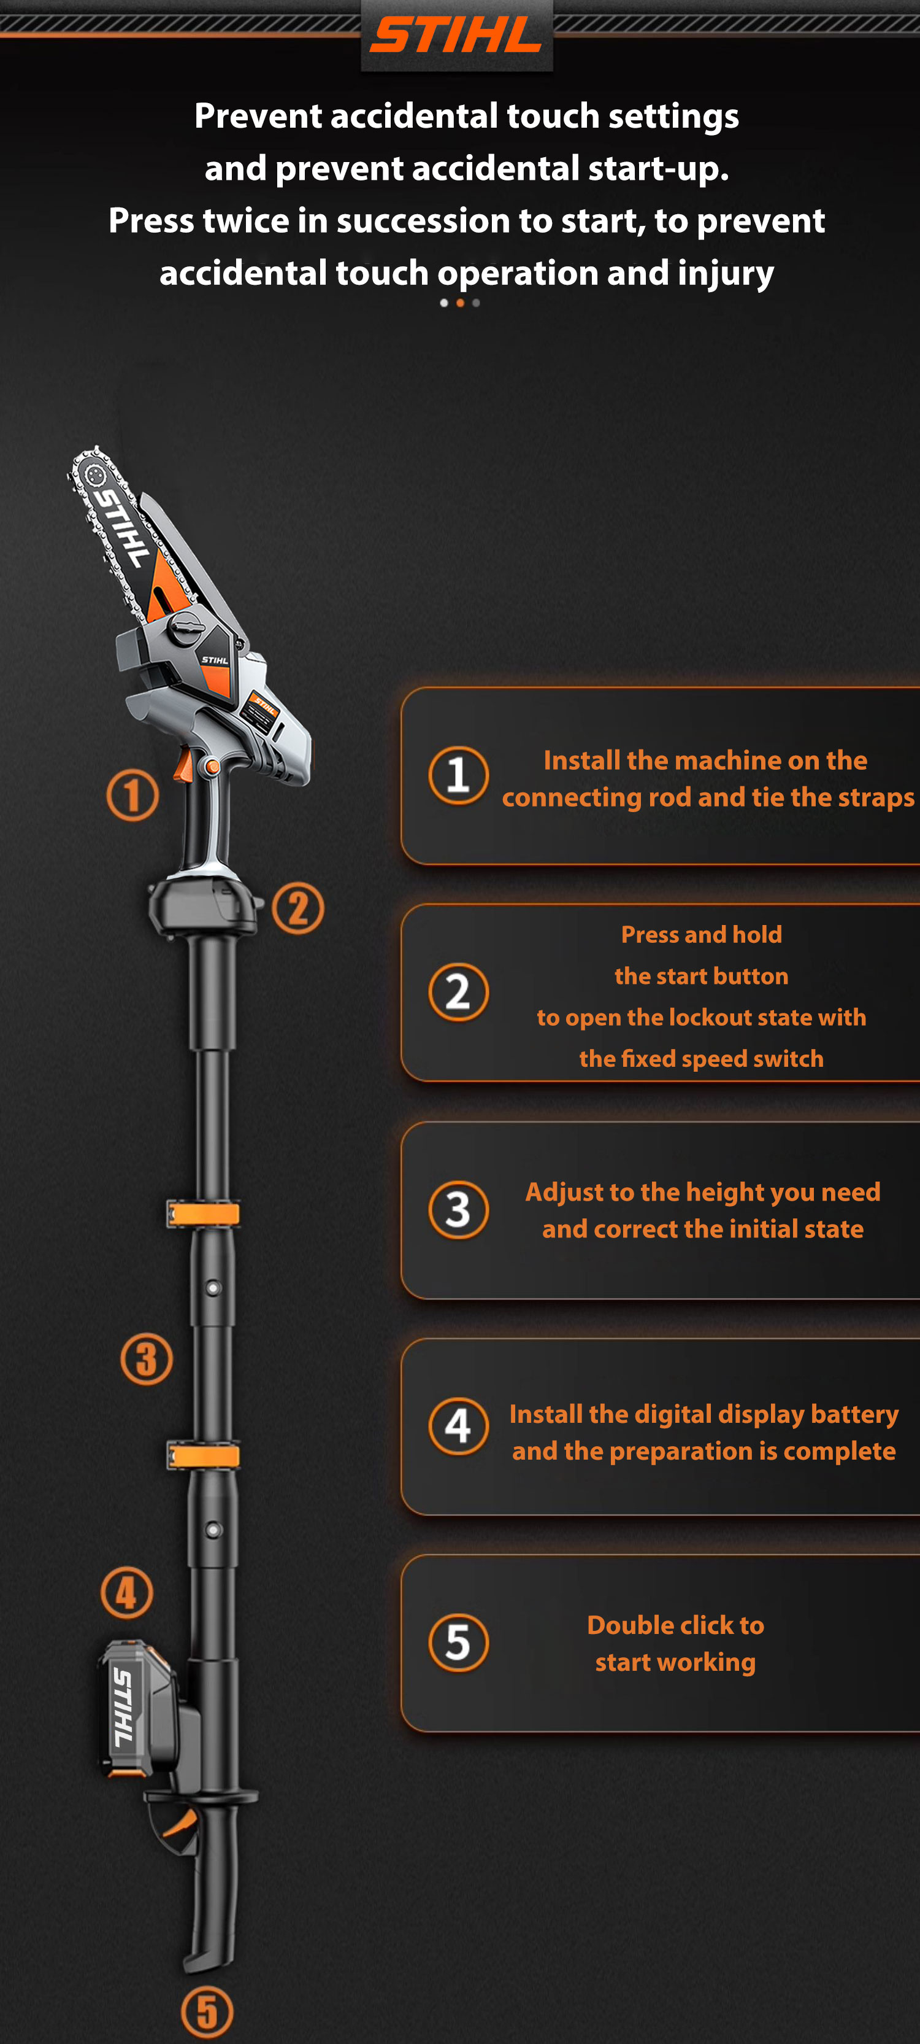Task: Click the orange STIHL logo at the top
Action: coord(456,36)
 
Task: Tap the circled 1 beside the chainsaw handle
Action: coord(132,795)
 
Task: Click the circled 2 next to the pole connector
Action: coord(298,908)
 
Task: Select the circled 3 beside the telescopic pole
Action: coord(147,1358)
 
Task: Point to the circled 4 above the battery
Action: coord(127,1592)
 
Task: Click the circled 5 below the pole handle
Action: coord(207,2011)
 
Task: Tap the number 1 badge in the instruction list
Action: coord(458,775)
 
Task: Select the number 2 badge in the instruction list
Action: coord(458,992)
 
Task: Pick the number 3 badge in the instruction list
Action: coord(458,1209)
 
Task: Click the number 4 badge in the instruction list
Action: coord(458,1426)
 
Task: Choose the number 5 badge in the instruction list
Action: coord(458,1643)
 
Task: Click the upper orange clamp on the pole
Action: coord(203,1214)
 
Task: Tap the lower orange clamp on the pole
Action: coord(203,1455)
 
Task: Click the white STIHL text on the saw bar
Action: coord(122,527)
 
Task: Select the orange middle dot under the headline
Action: coord(460,303)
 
